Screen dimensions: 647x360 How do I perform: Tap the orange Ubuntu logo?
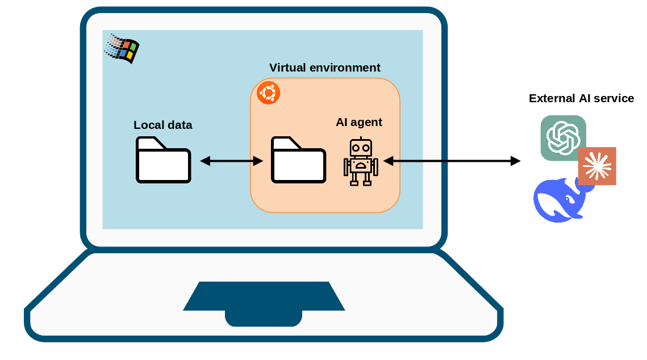tap(269, 93)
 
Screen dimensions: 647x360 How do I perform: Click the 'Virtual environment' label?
tap(325, 68)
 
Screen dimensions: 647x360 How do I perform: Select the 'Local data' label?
tap(162, 125)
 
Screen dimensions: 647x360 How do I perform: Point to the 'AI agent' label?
tap(359, 122)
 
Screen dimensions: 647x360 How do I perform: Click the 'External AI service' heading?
tap(582, 98)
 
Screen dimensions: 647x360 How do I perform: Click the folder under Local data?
tap(164, 160)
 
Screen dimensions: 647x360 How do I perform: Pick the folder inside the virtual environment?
tap(298, 160)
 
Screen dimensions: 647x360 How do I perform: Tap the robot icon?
tap(361, 161)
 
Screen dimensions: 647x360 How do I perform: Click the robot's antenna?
tap(361, 139)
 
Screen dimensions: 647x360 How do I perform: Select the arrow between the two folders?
tap(232, 161)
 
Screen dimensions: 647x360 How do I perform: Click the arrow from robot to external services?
tap(452, 161)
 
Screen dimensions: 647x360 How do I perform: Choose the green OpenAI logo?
tap(563, 138)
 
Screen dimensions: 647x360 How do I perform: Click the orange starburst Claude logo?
tap(597, 166)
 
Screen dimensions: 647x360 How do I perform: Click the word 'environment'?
tap(345, 68)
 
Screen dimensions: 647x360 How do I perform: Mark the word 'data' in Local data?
tap(180, 125)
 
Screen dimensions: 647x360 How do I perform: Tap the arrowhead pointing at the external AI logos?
tap(516, 161)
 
